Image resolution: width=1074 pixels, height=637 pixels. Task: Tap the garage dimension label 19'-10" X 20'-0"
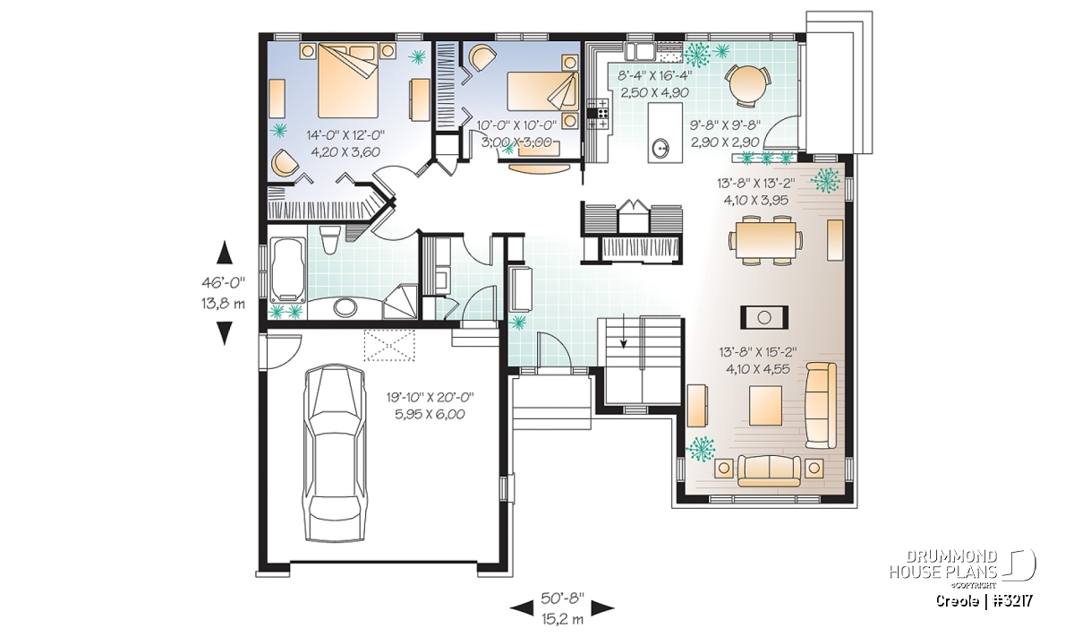coord(430,398)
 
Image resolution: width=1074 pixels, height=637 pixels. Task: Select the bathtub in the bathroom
coord(287,271)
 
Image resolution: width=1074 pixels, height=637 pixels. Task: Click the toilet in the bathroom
coord(330,240)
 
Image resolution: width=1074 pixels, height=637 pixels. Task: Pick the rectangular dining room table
coord(766,239)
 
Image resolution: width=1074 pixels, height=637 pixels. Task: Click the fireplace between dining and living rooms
coord(764,317)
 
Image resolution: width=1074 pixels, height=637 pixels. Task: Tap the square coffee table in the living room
coord(765,405)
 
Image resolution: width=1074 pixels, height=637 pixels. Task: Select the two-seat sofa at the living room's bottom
coord(769,470)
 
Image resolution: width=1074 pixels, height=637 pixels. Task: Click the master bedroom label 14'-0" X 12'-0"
coord(345,135)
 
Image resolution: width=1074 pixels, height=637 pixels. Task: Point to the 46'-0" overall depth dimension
coord(224,283)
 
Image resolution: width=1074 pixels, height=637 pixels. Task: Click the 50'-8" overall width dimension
coord(563,598)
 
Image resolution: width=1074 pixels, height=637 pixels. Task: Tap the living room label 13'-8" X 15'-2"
coord(757,352)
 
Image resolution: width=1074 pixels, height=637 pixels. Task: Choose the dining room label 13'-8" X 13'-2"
coord(756,183)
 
